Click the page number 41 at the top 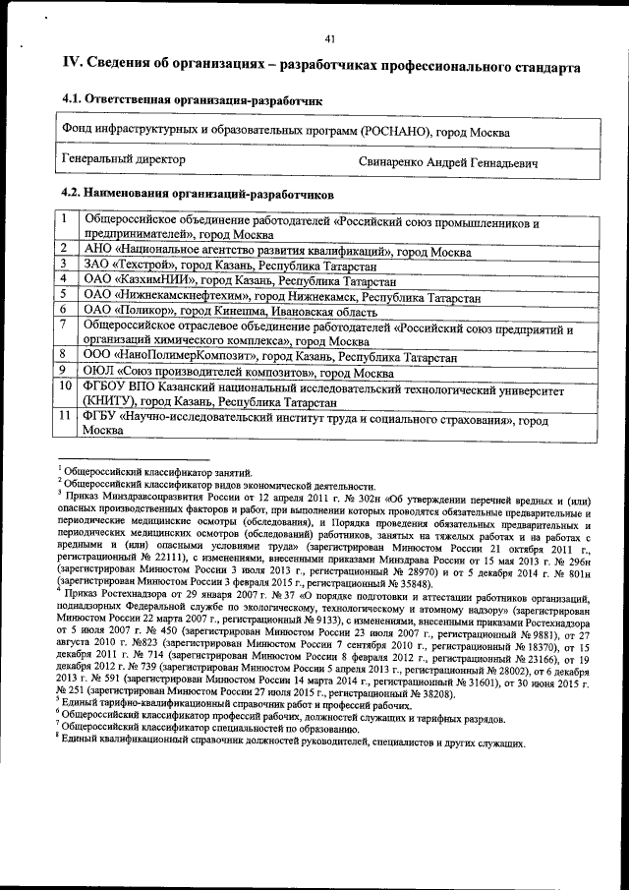coord(330,39)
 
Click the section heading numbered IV coord(314,66)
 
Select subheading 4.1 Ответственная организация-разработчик coord(192,100)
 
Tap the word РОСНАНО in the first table coord(395,131)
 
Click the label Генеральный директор coord(124,158)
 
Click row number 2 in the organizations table coord(63,250)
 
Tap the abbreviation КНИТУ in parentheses coord(110,402)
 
